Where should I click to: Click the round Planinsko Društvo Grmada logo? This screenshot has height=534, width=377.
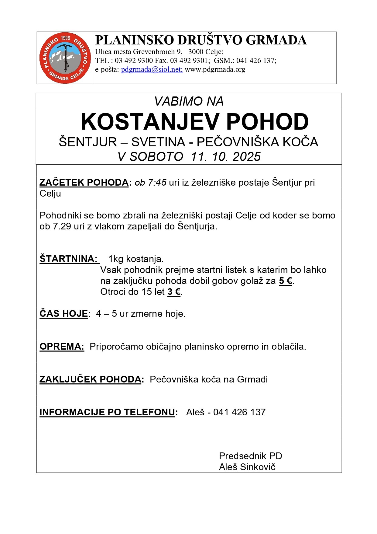click(x=65, y=58)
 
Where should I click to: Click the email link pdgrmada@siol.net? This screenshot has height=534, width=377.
click(x=152, y=69)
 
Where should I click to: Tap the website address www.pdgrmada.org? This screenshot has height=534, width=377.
click(x=215, y=69)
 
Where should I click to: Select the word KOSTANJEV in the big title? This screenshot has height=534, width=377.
click(x=149, y=122)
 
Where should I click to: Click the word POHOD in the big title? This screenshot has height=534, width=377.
click(x=267, y=122)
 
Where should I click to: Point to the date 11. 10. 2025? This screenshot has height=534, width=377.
click(x=226, y=157)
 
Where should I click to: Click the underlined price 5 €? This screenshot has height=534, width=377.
click(x=286, y=281)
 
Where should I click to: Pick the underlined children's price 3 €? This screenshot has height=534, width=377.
click(x=174, y=292)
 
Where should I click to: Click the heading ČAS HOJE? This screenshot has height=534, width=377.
click(x=63, y=314)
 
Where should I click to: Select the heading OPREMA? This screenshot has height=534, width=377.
click(x=62, y=347)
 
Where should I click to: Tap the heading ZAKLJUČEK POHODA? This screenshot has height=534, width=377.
click(x=90, y=379)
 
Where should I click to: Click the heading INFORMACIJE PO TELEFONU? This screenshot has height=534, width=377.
click(x=107, y=412)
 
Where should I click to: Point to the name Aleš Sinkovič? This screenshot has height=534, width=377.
click(x=247, y=467)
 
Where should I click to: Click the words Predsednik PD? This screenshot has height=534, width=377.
click(x=250, y=456)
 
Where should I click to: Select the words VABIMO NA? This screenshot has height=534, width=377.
click(x=189, y=101)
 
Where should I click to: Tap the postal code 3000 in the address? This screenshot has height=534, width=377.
click(x=195, y=52)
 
